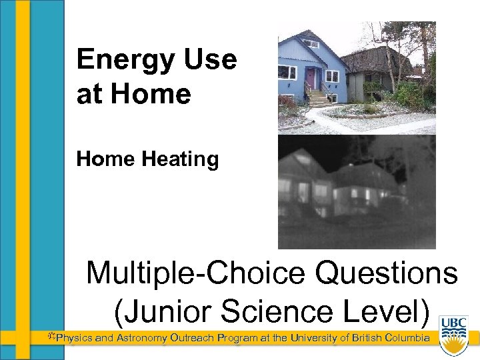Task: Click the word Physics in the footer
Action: [x=74, y=338]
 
